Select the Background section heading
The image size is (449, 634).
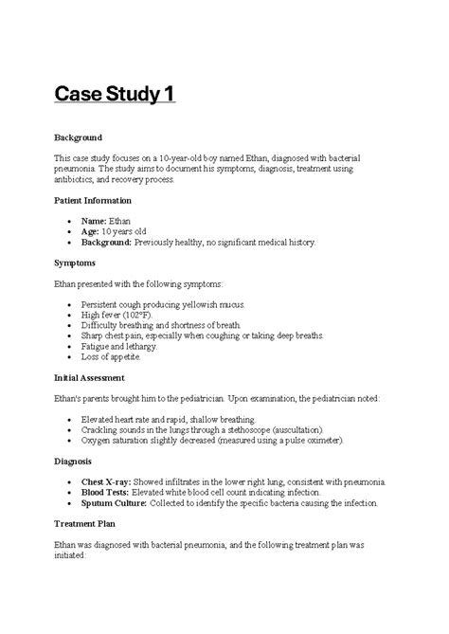pos(80,137)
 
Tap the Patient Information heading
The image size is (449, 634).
pos(93,201)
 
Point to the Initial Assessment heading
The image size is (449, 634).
pos(90,376)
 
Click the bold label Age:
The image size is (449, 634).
pos(92,231)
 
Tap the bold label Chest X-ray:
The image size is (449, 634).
pos(110,482)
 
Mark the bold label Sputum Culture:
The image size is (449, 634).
pos(117,503)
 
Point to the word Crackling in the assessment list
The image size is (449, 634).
pos(103,430)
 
